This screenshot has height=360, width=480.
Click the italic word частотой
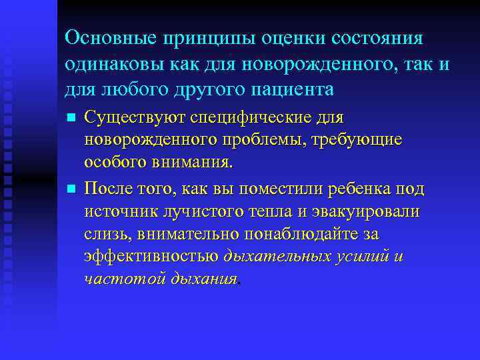pyautogui.click(x=114, y=280)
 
